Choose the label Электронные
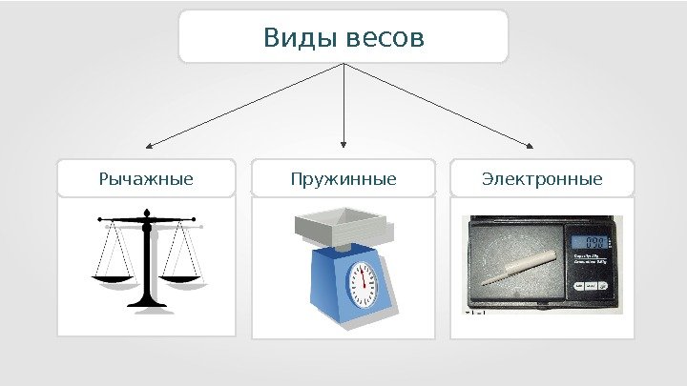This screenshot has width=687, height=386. coord(542,178)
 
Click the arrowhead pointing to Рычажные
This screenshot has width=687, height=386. coord(149,148)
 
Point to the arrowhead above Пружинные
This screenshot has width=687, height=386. coord(343,146)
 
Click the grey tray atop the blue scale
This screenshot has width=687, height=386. coord(343,229)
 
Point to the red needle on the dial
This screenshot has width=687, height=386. coord(363,275)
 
